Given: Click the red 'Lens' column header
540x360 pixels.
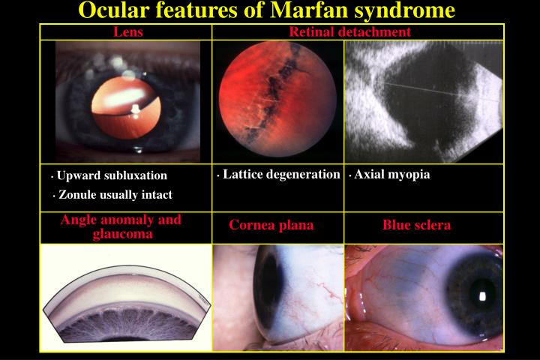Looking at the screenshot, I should click(128, 32).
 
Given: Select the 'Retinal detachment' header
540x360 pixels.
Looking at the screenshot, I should click(349, 31).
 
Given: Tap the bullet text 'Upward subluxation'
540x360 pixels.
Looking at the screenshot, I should click(112, 175).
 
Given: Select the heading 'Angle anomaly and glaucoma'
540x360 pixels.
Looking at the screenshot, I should click(121, 226).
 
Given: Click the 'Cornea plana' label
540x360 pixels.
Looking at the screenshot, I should click(271, 225).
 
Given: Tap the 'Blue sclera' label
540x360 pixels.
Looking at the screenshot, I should click(416, 225).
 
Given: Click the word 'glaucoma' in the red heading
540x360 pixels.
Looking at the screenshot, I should click(123, 234).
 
